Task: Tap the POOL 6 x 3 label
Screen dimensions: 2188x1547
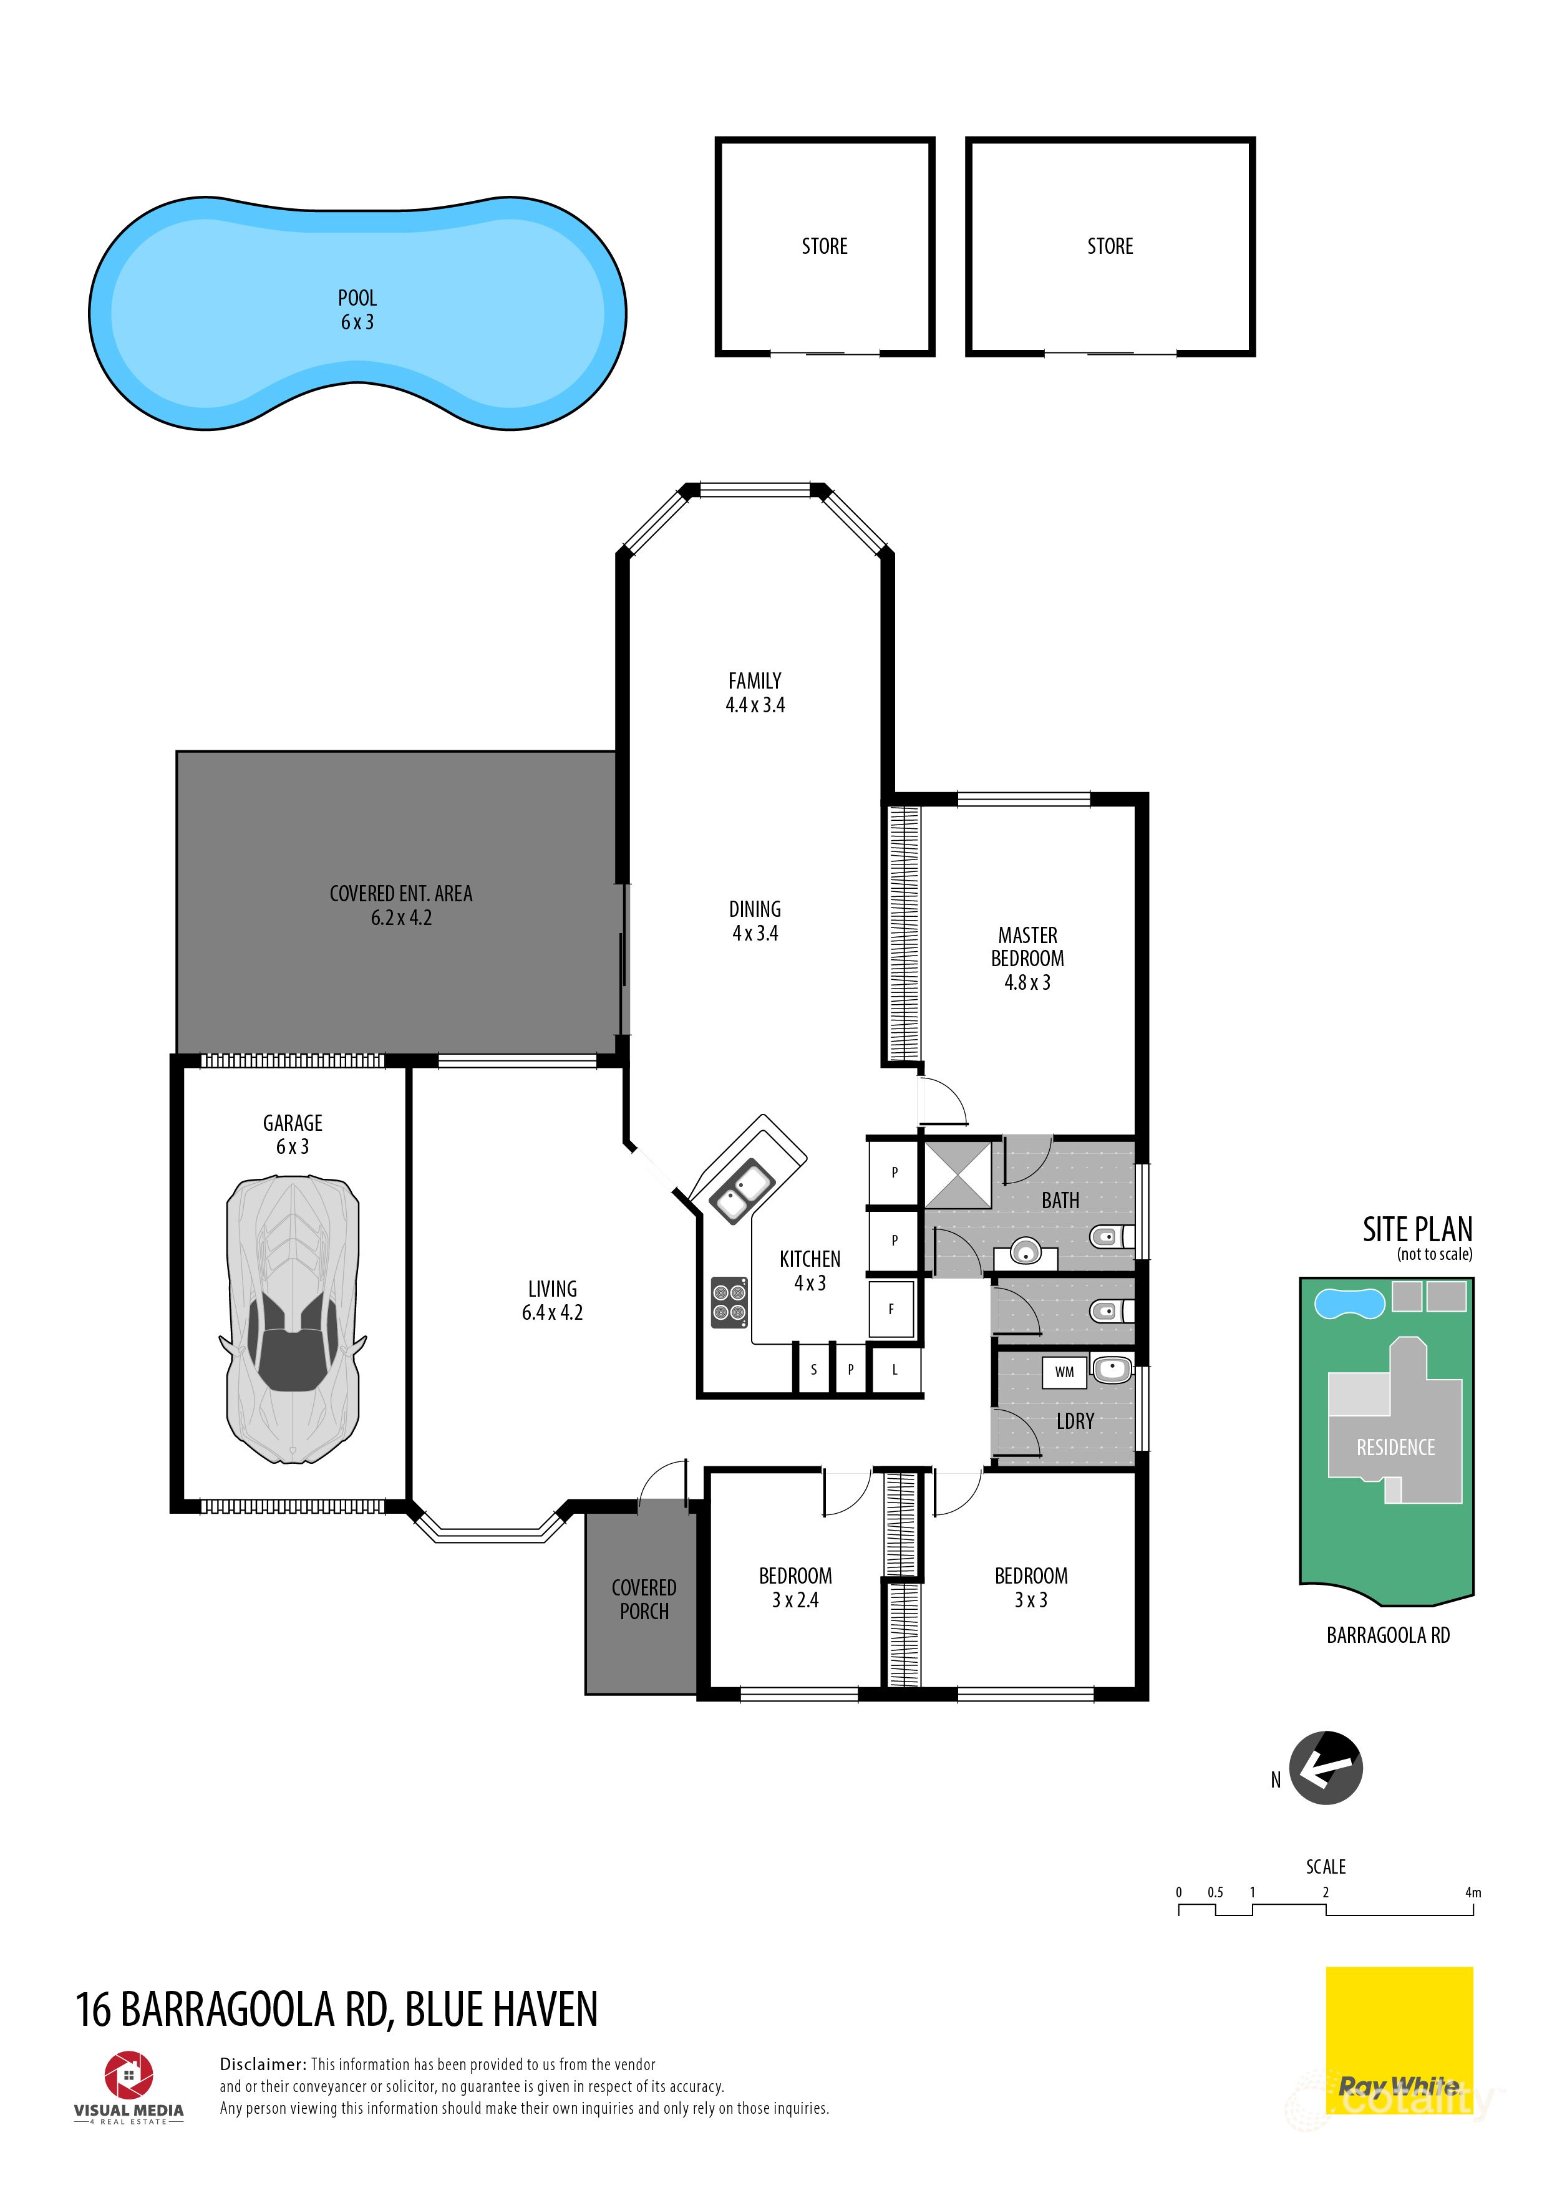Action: point(357,311)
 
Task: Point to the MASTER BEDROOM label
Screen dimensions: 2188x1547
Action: point(1027,959)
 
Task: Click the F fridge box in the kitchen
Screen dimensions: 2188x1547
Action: point(891,1309)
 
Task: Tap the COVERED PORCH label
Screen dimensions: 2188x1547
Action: point(644,1599)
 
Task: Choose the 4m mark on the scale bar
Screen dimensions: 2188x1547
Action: point(1473,1892)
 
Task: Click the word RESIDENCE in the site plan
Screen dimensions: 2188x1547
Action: point(1395,1448)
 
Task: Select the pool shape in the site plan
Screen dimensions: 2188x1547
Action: point(1349,1304)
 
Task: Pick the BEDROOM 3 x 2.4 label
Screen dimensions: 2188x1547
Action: point(795,1587)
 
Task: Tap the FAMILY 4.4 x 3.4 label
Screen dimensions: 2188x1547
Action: point(755,693)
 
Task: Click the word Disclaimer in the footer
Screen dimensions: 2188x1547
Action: point(262,2064)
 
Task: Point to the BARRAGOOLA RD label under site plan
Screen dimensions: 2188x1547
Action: point(1388,1635)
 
